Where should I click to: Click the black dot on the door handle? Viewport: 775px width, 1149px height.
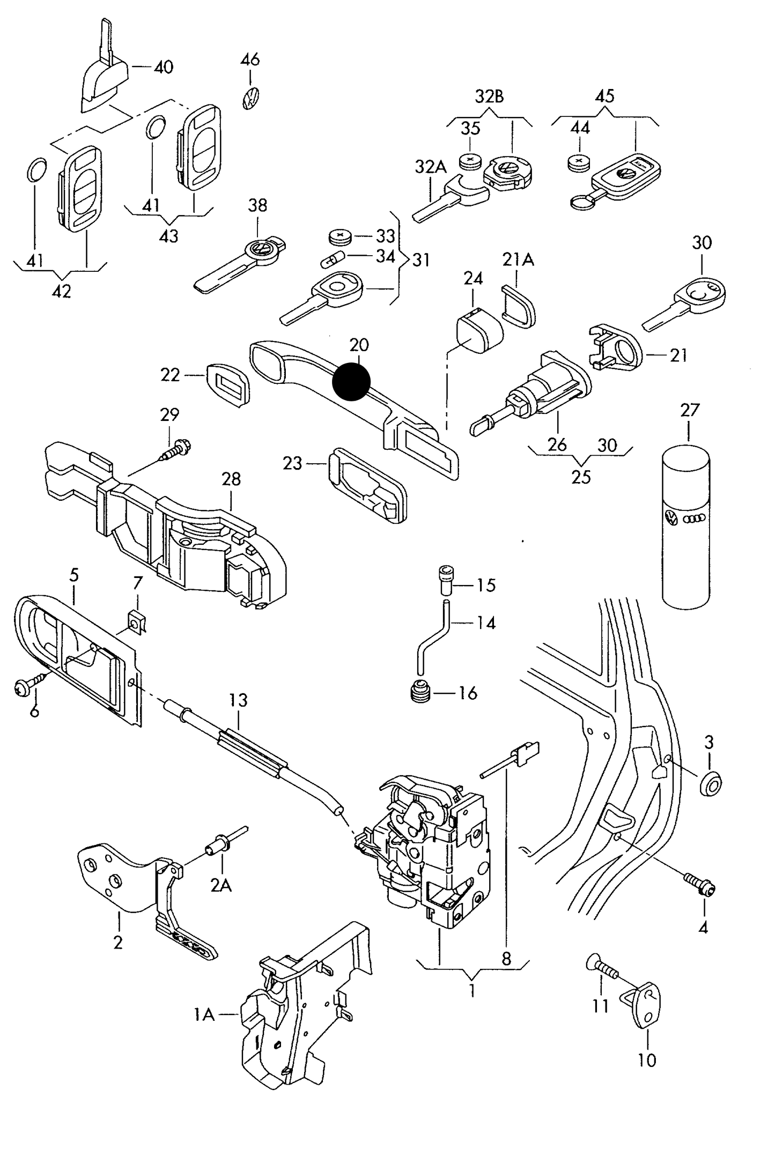[351, 382]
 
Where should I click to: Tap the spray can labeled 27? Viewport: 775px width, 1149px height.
[686, 525]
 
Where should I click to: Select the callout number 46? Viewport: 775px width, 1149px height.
[250, 59]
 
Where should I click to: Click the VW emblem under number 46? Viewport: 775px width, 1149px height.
[250, 99]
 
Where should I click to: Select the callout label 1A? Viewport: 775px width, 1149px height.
[204, 1014]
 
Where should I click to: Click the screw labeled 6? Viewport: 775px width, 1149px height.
[29, 685]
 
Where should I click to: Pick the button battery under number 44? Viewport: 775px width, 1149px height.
[578, 161]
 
